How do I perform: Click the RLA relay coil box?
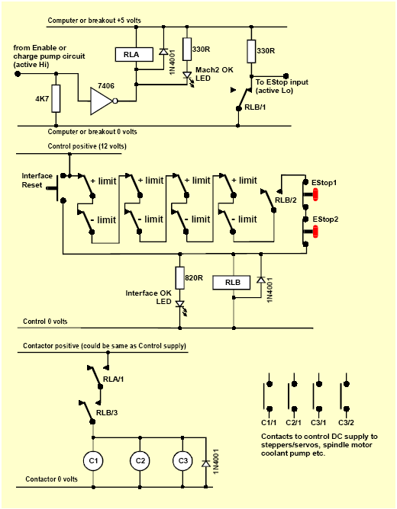tap(134, 55)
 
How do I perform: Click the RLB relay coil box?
tap(231, 283)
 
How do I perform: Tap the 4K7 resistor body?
tap(56, 99)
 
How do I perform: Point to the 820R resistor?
tap(180, 277)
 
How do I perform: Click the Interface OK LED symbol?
tap(180, 306)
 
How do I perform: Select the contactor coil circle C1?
tap(93, 461)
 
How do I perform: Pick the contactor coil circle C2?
tap(140, 461)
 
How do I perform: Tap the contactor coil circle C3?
tap(183, 461)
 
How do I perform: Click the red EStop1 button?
tap(315, 195)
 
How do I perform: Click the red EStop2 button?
tap(315, 232)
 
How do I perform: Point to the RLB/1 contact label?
tap(255, 107)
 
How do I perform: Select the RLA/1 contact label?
tap(114, 379)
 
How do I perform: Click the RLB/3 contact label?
tap(107, 413)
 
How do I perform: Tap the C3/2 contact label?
tap(346, 423)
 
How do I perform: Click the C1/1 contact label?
tap(269, 423)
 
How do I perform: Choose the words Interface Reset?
tap(37, 181)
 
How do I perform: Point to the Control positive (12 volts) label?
tap(87, 146)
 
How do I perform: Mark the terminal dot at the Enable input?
tap(18, 74)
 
